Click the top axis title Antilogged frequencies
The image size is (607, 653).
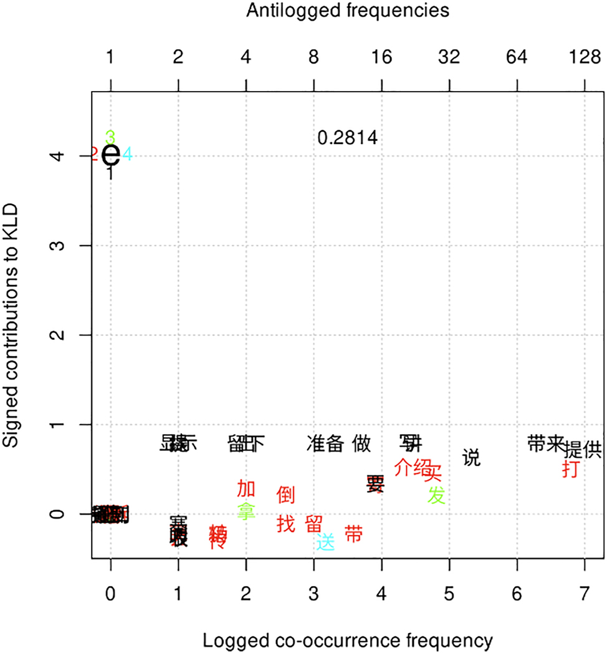tap(348, 11)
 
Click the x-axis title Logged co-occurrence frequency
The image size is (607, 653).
tap(348, 641)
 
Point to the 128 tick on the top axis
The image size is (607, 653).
tap(585, 58)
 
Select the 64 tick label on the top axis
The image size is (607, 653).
tap(517, 58)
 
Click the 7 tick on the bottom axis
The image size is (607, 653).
tap(585, 594)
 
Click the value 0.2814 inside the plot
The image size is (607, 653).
tap(348, 138)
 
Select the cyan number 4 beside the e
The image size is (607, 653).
tap(127, 153)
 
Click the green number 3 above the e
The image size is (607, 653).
tap(110, 137)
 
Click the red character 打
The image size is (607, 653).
tap(570, 468)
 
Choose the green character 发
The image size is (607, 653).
tap(437, 495)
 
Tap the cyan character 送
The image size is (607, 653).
tap(325, 541)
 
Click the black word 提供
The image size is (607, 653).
tap(583, 449)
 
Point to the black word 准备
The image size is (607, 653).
tap(325, 443)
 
